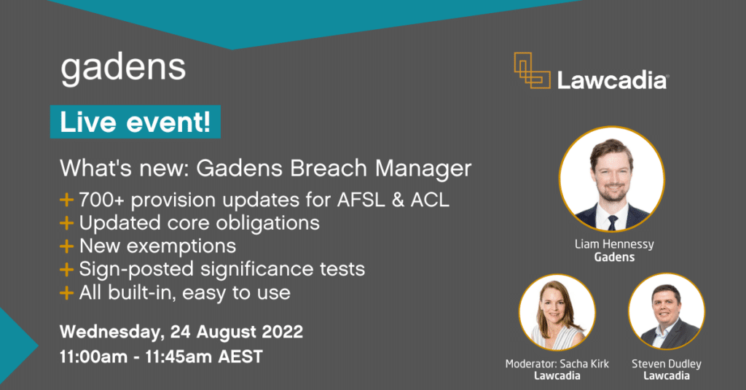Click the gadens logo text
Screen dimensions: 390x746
[x=123, y=68]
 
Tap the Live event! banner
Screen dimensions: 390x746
[x=135, y=122]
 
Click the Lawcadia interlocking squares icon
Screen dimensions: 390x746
[x=531, y=71]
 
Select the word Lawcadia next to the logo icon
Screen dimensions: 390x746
[x=612, y=79]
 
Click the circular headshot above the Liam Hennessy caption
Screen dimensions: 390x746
[x=611, y=179]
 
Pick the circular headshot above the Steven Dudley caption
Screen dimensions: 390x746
[x=666, y=312]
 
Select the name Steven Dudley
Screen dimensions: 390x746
[x=667, y=362]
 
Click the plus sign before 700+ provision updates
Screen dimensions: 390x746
[x=67, y=199]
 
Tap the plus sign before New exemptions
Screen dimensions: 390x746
[x=67, y=246]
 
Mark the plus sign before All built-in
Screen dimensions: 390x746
[x=67, y=293]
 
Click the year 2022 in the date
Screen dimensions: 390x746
[x=279, y=332]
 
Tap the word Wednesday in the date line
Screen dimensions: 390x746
[x=110, y=332]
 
